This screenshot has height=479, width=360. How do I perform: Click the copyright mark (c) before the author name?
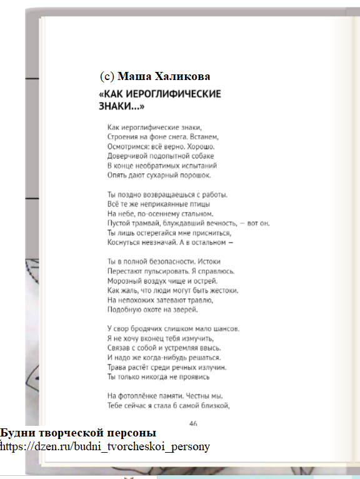pos(107,76)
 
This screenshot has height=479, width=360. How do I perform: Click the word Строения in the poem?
pos(123,136)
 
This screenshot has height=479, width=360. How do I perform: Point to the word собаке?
pos(200,156)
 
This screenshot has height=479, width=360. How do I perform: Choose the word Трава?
pos(117,367)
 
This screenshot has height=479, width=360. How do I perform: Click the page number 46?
pos(193,423)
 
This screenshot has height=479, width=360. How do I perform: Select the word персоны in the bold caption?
pos(134,433)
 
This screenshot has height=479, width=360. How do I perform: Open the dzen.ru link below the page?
pos(106,446)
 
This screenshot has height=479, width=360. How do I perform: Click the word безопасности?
pos(161,261)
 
